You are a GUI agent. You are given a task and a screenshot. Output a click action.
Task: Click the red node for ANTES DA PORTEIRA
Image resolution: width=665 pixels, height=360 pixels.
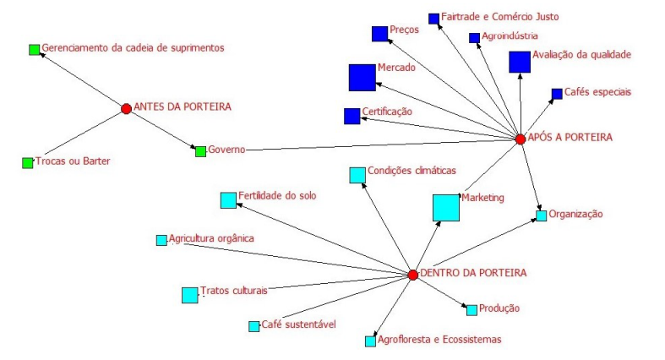point(126,108)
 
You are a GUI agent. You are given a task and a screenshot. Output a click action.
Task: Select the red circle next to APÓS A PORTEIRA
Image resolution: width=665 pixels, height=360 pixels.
point(521,139)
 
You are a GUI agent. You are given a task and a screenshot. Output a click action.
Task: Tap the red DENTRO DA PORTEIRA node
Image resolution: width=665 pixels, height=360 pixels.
point(412,275)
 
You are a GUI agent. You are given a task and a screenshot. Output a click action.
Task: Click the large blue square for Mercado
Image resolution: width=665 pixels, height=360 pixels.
point(362,77)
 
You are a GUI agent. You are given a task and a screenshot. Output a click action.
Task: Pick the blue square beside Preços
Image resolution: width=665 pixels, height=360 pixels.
point(379,34)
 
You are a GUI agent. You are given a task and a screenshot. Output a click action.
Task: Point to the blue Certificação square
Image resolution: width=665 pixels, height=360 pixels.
point(352,116)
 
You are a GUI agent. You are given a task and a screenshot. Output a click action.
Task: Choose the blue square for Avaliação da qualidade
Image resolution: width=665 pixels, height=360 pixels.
point(520,62)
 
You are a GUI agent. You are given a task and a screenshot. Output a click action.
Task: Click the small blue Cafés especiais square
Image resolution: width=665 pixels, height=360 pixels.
point(557,94)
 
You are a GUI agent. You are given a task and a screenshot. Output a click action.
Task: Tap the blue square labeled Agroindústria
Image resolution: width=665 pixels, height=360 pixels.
point(474,37)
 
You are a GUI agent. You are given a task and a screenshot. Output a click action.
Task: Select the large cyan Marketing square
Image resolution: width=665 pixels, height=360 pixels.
point(446,208)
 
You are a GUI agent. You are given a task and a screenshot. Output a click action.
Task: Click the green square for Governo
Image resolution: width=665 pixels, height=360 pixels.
point(200,151)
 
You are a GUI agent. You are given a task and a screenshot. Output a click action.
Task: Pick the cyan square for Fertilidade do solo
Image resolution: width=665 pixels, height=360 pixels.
point(228,200)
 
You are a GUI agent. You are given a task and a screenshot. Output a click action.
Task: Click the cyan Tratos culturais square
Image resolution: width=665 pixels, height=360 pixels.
point(189,295)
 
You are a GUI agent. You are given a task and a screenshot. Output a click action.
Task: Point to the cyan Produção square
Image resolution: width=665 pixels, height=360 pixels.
point(471,310)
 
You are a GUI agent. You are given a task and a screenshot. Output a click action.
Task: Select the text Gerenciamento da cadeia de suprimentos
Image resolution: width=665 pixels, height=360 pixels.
point(134,47)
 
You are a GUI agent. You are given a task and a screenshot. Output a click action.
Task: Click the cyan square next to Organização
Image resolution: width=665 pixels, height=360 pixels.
point(541,215)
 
